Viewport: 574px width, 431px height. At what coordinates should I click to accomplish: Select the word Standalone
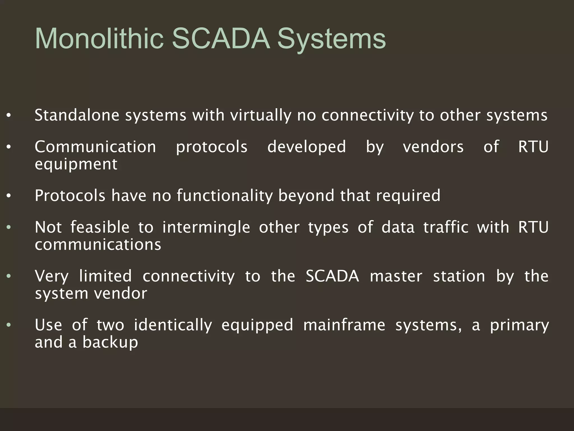[77, 115]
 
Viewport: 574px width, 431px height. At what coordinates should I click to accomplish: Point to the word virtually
[261, 115]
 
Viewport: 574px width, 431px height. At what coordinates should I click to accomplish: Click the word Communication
[95, 147]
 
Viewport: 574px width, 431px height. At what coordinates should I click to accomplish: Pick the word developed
[307, 147]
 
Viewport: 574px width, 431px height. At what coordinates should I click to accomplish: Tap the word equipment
[76, 164]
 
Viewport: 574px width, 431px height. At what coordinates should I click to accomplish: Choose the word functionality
[224, 196]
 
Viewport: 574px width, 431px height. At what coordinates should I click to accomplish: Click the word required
[408, 196]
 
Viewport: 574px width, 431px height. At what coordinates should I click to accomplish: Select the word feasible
[100, 227]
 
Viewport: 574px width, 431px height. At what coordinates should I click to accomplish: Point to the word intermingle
[206, 227]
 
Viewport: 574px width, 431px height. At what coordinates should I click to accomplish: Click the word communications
[98, 245]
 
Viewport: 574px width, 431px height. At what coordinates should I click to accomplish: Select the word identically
[173, 325]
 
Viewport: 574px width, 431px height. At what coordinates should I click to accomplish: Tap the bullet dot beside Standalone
[9, 116]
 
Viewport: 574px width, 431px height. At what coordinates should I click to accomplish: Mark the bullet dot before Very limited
[9, 276]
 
